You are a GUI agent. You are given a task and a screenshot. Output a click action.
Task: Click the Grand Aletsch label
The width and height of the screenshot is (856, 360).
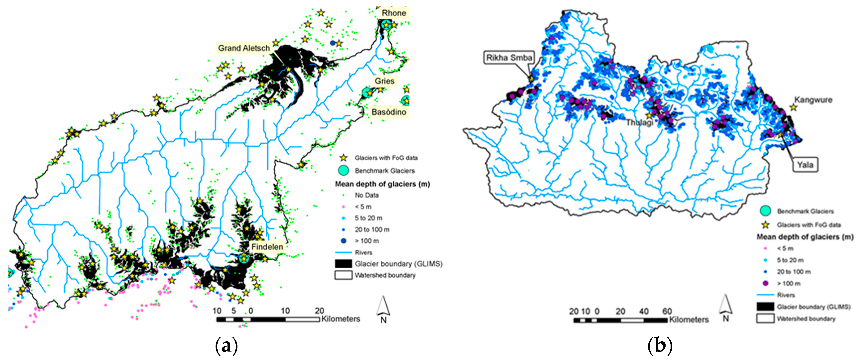244,48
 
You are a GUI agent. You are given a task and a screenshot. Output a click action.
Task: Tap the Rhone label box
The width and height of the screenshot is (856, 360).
394,13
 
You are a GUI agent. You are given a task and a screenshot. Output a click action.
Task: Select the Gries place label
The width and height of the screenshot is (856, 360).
385,81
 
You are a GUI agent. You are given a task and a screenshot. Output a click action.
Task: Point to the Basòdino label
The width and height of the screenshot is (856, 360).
389,112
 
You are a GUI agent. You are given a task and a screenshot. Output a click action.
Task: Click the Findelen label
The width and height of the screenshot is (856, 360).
267,247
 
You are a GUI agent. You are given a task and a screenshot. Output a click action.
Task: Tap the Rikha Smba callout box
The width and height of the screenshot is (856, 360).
509,58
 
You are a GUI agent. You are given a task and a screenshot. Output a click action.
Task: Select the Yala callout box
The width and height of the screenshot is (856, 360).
805,165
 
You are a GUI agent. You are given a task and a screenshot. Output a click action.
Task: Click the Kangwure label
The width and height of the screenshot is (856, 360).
813,100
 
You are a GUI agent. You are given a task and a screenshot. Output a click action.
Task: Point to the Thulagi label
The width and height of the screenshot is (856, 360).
639,123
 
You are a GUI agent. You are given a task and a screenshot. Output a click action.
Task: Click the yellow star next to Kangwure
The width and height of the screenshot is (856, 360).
794,107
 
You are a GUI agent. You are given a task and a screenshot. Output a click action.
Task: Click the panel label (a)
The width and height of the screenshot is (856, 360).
227,346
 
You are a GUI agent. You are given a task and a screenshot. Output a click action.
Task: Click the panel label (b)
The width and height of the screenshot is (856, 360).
660,346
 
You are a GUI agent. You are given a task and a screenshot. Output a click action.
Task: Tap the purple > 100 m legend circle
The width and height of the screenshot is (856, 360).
766,284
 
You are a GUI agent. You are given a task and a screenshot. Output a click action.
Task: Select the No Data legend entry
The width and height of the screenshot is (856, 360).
367,195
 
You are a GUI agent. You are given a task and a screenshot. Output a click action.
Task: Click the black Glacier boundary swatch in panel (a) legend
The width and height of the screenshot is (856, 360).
343,264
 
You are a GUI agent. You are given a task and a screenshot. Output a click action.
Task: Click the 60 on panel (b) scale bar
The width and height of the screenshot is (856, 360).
667,311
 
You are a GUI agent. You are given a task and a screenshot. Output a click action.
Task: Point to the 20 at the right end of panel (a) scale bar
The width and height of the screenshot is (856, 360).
319,311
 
